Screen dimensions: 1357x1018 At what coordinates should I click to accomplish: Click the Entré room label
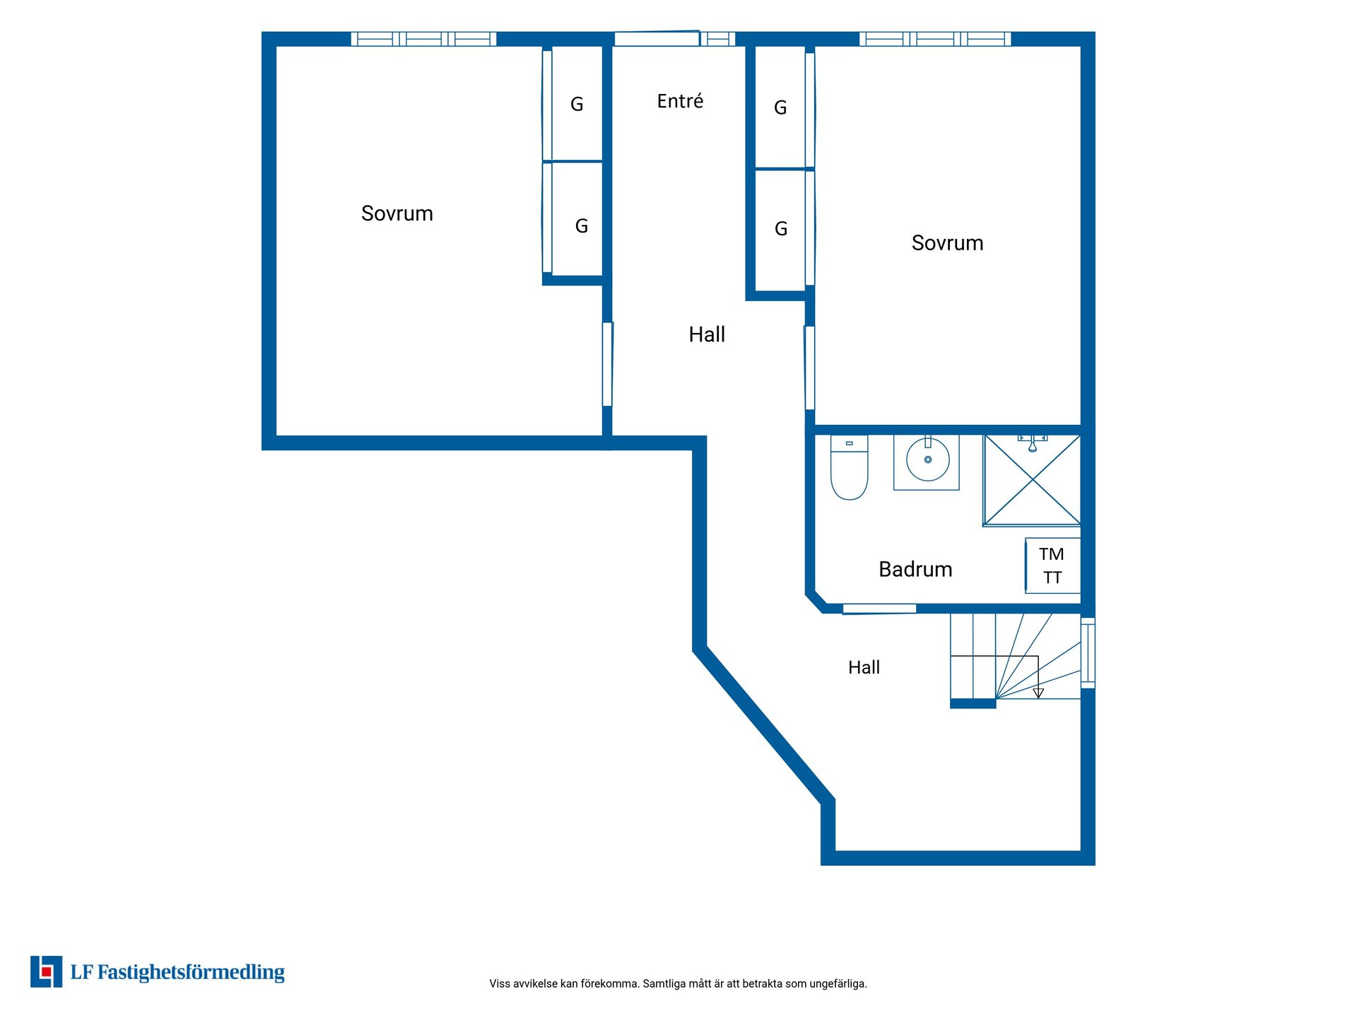click(680, 101)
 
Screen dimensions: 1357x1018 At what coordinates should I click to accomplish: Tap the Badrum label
click(915, 569)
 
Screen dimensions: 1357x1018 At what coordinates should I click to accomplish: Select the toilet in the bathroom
click(849, 467)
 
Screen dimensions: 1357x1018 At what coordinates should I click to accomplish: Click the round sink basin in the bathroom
click(927, 460)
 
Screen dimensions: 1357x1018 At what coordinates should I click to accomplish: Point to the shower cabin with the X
click(1032, 481)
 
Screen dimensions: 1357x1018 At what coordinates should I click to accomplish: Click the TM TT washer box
click(1052, 566)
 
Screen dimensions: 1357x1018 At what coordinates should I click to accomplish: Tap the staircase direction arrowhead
click(1038, 694)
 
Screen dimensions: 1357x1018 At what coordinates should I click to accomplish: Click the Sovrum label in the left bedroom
click(397, 213)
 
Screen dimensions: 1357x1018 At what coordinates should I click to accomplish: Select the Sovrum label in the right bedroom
click(947, 243)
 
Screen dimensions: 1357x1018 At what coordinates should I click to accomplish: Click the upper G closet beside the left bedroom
click(577, 104)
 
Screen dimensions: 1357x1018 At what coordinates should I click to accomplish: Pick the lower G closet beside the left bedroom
click(577, 220)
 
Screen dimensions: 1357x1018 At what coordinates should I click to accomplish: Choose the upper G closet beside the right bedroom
click(780, 107)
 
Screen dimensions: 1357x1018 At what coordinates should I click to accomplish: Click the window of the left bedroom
click(423, 39)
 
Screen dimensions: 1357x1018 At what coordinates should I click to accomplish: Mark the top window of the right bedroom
click(935, 39)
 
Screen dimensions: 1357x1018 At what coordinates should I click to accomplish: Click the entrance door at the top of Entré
click(657, 39)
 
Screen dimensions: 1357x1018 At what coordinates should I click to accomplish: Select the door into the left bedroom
click(607, 364)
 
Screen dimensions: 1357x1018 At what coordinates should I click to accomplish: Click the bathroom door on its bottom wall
click(879, 609)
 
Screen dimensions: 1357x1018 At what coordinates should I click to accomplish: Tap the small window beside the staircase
click(1088, 653)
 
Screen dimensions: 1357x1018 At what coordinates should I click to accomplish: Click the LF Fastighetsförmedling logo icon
click(46, 971)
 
